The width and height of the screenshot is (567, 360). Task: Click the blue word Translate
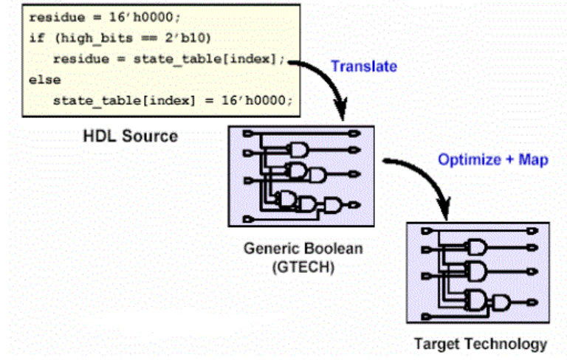[x=363, y=66]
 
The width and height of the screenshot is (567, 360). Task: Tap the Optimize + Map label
[x=492, y=159]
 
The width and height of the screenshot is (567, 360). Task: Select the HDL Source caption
[x=129, y=136]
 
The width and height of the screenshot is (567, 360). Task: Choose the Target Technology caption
[x=480, y=343]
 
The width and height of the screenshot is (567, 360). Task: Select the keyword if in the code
[x=36, y=37]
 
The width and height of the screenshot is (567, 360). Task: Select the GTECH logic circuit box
[x=301, y=176]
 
